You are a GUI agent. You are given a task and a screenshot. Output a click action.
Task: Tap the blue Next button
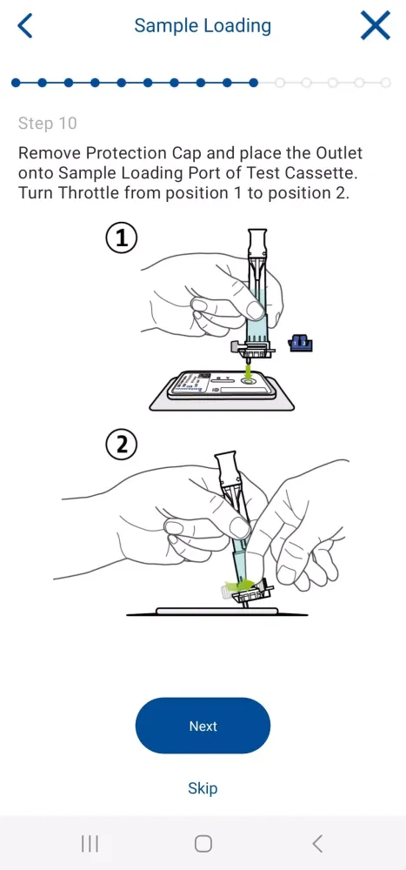203,726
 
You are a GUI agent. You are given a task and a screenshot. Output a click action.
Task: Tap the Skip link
203,788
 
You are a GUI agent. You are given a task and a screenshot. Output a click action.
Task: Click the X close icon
376,25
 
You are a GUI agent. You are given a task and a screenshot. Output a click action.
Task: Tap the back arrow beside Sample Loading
25,25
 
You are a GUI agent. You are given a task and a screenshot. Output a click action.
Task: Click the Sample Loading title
203,25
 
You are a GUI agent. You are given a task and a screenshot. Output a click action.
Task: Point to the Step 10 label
47,123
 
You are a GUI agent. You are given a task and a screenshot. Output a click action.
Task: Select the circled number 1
121,238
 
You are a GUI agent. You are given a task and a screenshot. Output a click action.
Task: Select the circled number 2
121,445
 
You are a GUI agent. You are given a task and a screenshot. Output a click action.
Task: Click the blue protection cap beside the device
301,344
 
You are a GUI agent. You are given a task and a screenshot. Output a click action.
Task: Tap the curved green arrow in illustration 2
240,585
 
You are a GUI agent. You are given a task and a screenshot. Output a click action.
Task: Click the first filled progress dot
16,84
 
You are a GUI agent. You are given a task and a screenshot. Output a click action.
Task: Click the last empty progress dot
385,84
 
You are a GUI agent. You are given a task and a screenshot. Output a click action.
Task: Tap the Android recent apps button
90,844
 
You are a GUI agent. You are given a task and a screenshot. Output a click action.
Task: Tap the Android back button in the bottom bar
317,844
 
